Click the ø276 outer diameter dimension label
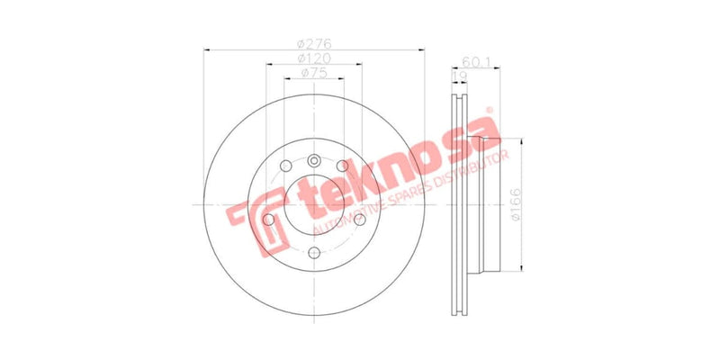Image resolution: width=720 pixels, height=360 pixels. (x=314, y=42)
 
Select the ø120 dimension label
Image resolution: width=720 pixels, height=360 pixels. (x=313, y=58)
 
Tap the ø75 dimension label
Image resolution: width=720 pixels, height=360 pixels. (x=313, y=72)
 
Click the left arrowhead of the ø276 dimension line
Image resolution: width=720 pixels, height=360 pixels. (x=207, y=50)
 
